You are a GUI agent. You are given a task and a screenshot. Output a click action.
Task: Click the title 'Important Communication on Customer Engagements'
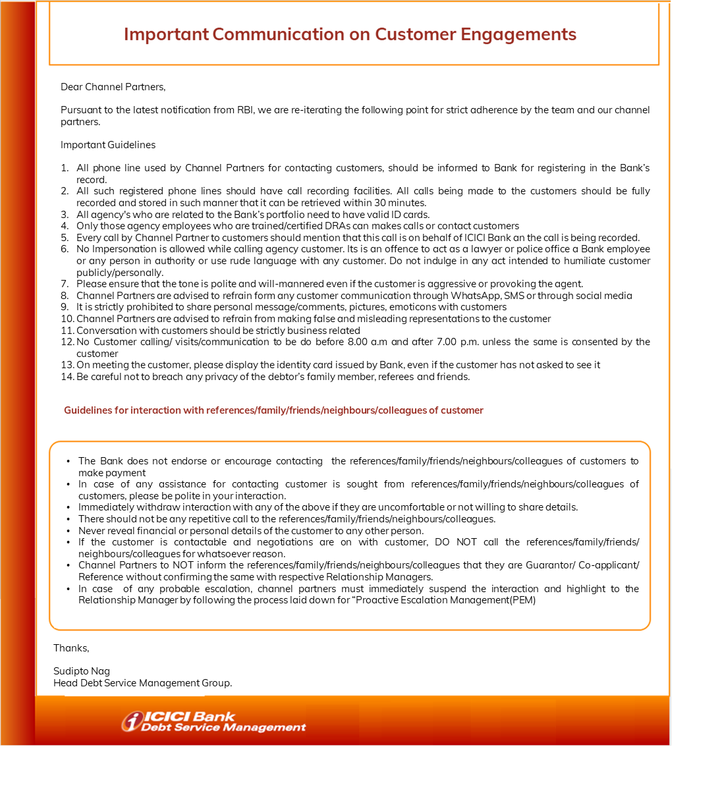pyautogui.click(x=350, y=34)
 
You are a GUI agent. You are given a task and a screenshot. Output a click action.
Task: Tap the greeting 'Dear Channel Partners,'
pyautogui.click(x=113, y=87)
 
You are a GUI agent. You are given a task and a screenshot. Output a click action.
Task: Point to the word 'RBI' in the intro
pyautogui.click(x=245, y=110)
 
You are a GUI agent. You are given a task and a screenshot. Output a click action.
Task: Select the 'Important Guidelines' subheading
pyautogui.click(x=108, y=145)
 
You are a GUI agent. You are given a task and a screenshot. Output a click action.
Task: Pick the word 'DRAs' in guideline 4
pyautogui.click(x=336, y=226)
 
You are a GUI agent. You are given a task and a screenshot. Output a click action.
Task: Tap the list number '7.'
pyautogui.click(x=65, y=284)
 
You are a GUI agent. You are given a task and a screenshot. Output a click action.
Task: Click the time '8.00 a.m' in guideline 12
pyautogui.click(x=368, y=342)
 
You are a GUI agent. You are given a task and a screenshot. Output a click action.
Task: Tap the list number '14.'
pyautogui.click(x=67, y=377)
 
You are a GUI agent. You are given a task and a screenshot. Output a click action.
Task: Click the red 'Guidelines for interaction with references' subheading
pyautogui.click(x=273, y=410)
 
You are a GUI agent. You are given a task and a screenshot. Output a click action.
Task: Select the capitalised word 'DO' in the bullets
pyautogui.click(x=442, y=542)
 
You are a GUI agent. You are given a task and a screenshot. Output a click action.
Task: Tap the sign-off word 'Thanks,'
pyautogui.click(x=71, y=648)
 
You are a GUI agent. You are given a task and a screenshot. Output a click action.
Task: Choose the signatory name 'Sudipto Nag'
pyautogui.click(x=82, y=671)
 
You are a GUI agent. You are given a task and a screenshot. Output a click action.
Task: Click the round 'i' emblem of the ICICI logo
pyautogui.click(x=132, y=722)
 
